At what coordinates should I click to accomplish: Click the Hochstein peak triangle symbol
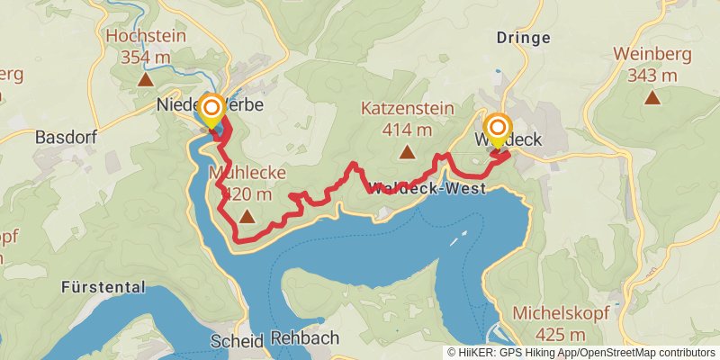pyautogui.click(x=145, y=80)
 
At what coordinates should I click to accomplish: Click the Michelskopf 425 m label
pyautogui.click(x=561, y=323)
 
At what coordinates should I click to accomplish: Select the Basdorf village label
pyautogui.click(x=65, y=139)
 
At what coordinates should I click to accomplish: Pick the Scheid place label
pyautogui.click(x=237, y=342)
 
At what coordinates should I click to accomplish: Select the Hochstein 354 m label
pyautogui.click(x=145, y=47)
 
